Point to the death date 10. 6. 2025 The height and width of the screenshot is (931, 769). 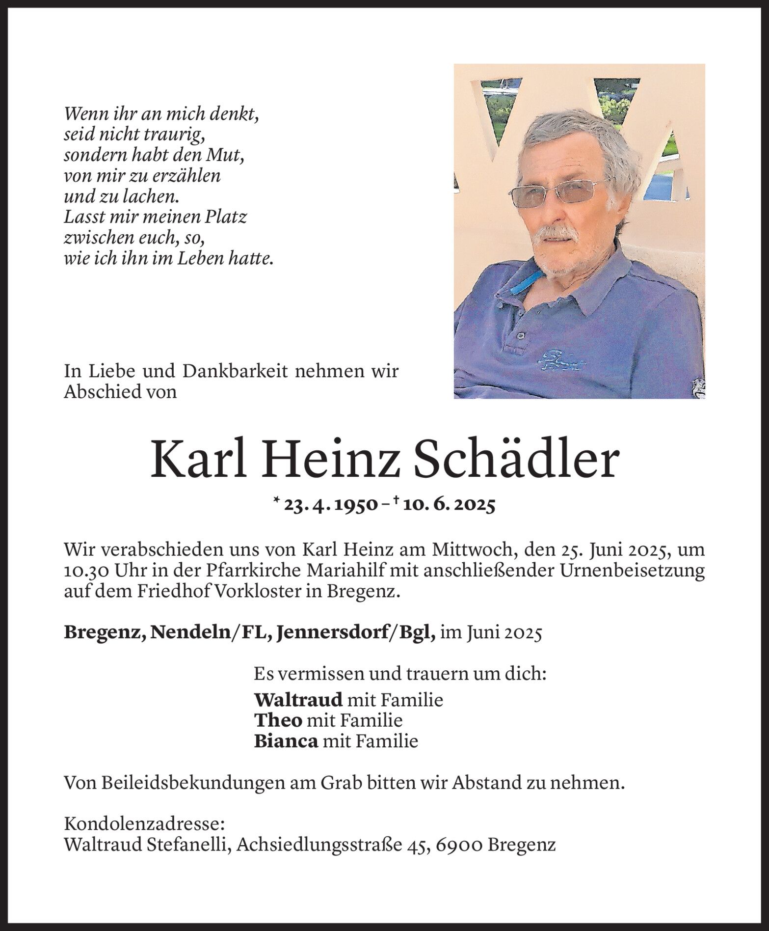point(448,505)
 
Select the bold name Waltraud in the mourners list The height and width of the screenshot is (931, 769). point(298,699)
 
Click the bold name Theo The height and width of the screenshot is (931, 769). point(278,720)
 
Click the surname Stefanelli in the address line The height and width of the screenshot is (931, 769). point(194,844)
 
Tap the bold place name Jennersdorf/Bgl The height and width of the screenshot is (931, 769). point(356,633)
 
